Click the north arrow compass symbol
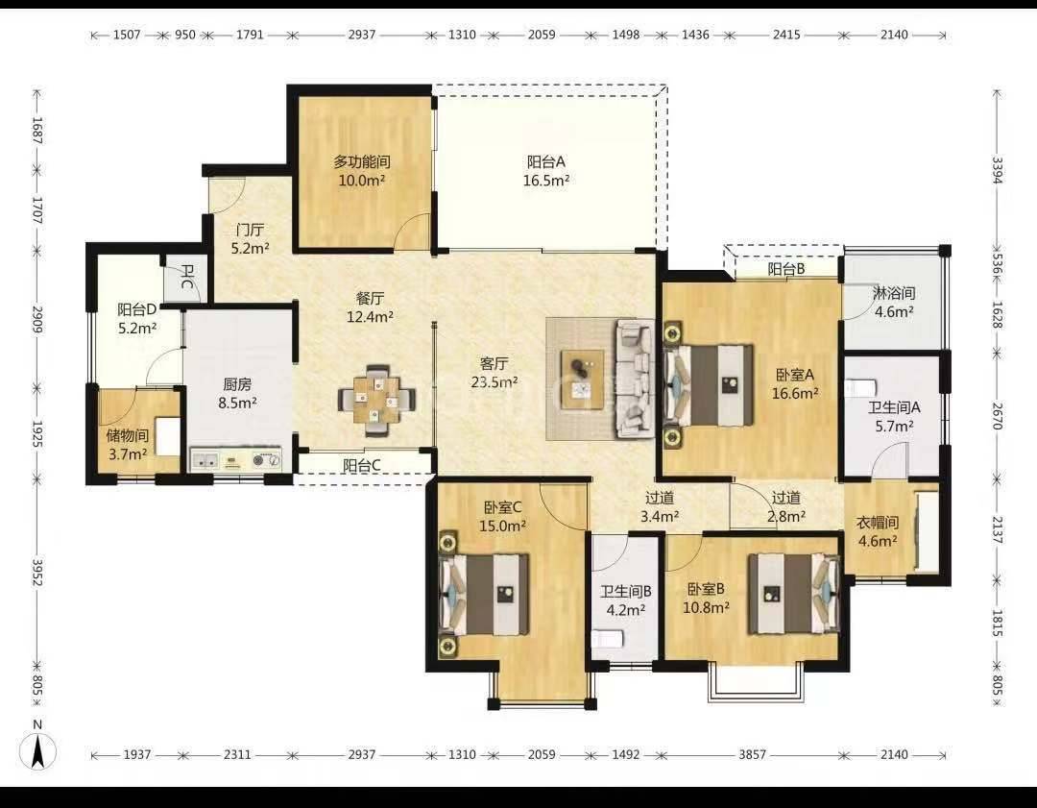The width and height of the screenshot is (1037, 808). coord(37,750)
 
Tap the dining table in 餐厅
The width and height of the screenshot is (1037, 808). coord(376,400)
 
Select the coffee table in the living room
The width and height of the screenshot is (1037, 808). coord(582,380)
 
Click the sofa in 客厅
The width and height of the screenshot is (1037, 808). coord(635,379)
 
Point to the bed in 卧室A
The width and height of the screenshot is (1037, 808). coord(708,384)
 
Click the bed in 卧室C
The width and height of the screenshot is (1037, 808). coord(483,593)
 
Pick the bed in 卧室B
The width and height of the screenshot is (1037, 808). coord(794,592)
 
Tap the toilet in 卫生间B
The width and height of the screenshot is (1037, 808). coord(607,639)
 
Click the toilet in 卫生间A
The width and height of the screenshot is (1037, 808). coord(859,386)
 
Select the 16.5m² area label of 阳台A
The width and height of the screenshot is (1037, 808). coord(546,180)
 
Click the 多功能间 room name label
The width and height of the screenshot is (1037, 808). coord(362,160)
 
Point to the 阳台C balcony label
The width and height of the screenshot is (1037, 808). coord(362,465)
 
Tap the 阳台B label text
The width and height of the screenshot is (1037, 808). coord(786,269)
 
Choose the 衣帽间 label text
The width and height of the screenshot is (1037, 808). coord(878,522)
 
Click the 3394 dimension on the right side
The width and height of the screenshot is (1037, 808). coord(998,170)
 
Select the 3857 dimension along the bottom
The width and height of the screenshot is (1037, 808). coord(753,754)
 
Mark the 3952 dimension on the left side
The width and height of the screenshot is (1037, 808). coord(37,573)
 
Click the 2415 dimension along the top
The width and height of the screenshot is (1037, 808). coord(786,35)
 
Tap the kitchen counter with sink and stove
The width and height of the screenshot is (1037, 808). coord(236,459)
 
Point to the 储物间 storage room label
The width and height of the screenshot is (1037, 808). coord(127,435)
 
